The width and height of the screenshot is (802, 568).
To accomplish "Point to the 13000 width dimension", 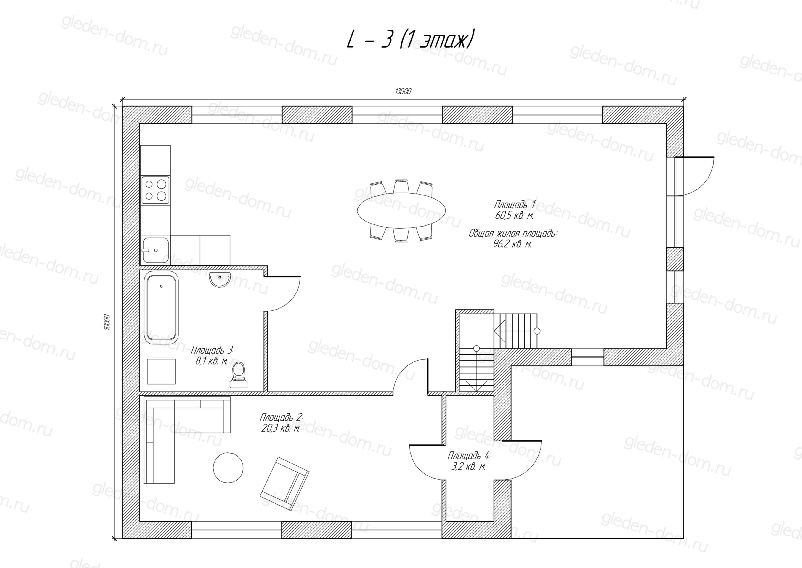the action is (x=403, y=92).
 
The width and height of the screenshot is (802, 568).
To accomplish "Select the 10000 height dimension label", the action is (x=107, y=322).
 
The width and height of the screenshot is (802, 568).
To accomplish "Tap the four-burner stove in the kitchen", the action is (x=155, y=190).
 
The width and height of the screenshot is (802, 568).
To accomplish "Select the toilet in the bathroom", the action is (x=239, y=375).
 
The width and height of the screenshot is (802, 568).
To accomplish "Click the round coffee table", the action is (x=228, y=468).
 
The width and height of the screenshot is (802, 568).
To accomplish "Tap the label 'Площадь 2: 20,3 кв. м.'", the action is (x=281, y=422).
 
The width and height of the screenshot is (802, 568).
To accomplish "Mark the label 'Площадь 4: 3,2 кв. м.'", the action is (x=469, y=461).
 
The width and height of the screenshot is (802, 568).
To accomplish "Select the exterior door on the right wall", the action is (x=694, y=176).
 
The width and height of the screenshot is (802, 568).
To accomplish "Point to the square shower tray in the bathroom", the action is (x=161, y=371).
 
